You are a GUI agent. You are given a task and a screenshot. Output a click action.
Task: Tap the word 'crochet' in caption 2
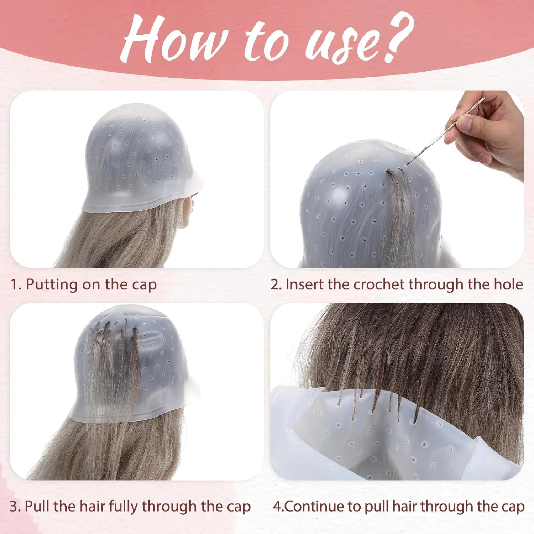(379, 284)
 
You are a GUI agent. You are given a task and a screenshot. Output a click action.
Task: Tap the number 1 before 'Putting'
(14, 285)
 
